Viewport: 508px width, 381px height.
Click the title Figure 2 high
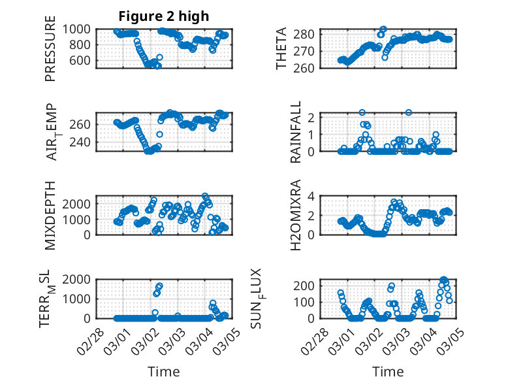(163, 16)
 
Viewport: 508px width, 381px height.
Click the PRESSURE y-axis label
(51, 52)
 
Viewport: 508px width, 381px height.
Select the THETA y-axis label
(281, 48)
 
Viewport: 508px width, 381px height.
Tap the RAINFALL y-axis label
(296, 131)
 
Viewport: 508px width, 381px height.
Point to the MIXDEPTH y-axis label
(51, 215)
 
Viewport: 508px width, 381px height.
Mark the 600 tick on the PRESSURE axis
(83, 60)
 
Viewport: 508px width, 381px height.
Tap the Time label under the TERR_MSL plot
(163, 372)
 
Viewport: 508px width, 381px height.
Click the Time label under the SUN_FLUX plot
(388, 372)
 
